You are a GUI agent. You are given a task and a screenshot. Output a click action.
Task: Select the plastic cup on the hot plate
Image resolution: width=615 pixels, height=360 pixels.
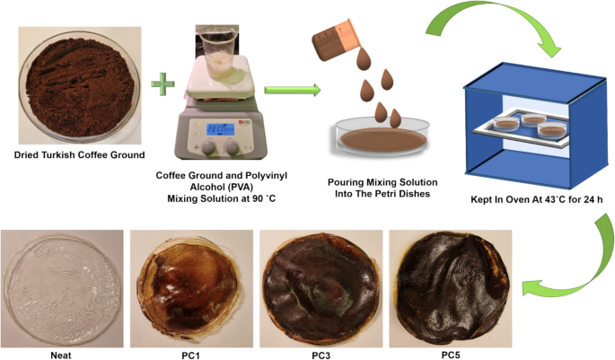[x=219, y=55]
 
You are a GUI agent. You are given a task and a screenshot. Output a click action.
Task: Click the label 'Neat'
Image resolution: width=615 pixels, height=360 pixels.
[x=62, y=352]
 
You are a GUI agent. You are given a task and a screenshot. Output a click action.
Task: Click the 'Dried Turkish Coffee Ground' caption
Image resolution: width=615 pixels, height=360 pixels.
[x=79, y=154]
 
